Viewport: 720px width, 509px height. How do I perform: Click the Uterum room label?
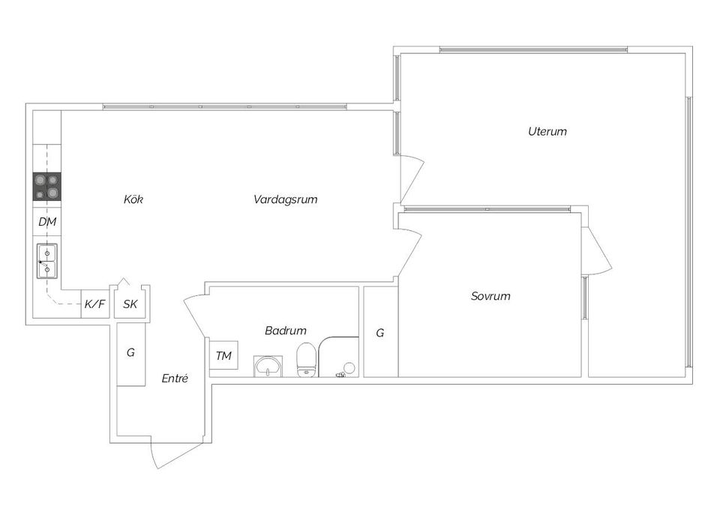pos(547,131)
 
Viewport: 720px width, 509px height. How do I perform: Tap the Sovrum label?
pos(490,296)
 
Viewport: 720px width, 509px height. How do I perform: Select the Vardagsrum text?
pos(285,199)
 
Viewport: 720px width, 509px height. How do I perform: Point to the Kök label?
pos(133,199)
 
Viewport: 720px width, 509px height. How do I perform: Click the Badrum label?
pos(285,331)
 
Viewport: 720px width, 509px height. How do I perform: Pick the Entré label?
pos(175,379)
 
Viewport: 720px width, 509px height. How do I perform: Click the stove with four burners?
pos(46,187)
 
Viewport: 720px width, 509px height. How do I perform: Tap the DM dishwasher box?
pos(46,222)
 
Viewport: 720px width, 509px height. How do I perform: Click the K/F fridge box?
pos(94,304)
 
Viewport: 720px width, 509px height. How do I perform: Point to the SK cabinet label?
pos(130,304)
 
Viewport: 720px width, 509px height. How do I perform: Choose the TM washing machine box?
pos(223,355)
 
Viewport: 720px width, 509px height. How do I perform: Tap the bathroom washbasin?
pos(268,366)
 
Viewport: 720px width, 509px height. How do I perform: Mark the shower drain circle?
pos(348,368)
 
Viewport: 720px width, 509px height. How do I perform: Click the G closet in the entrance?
pos(130,352)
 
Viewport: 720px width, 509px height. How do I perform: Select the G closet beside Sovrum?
pos(380,332)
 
